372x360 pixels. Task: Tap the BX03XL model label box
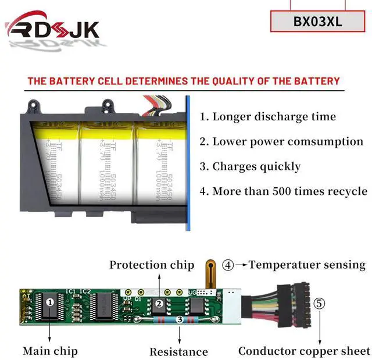click(317, 22)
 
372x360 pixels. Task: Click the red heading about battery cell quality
click(184, 81)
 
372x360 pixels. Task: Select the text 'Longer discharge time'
click(268, 116)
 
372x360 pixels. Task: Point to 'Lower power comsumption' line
click(281, 141)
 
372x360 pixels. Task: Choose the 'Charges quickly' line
click(251, 166)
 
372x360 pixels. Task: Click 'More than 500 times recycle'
click(284, 191)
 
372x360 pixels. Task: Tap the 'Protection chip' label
click(152, 265)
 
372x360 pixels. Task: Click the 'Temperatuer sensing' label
click(307, 265)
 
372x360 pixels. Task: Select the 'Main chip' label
click(50, 351)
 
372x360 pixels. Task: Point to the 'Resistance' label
click(178, 351)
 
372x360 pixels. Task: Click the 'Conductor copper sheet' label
click(304, 351)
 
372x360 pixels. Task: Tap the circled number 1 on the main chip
click(50, 302)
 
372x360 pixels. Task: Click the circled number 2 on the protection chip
click(157, 303)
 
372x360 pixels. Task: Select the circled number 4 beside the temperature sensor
click(228, 265)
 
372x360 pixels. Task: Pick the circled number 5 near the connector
click(320, 303)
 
